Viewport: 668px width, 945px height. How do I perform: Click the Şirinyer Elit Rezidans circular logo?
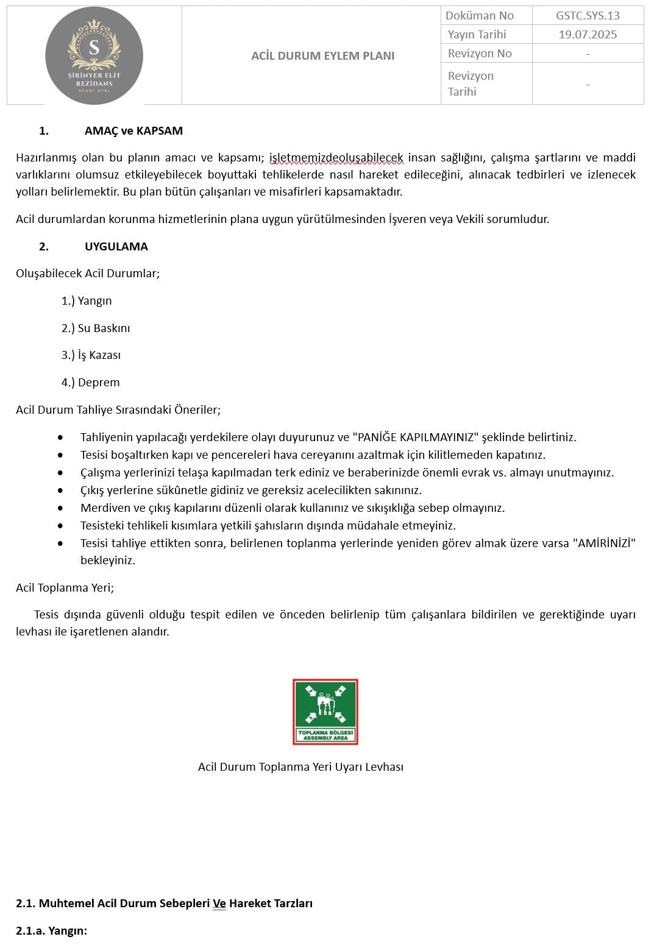click(x=94, y=56)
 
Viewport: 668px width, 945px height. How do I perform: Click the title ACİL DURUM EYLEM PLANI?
click(x=322, y=55)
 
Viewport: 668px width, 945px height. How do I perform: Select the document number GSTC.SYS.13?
click(x=588, y=16)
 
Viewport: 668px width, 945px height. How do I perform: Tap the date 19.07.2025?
click(x=588, y=35)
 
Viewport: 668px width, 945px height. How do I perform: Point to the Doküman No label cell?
click(x=480, y=16)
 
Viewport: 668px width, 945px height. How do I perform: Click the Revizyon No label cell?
click(x=480, y=54)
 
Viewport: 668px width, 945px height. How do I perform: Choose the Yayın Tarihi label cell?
click(x=477, y=35)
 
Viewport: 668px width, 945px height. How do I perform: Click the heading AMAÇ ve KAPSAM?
click(x=133, y=131)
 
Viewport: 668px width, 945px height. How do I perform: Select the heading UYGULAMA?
click(x=116, y=247)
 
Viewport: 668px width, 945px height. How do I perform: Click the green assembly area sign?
click(x=325, y=712)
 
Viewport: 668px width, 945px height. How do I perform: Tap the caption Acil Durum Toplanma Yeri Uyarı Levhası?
click(x=300, y=767)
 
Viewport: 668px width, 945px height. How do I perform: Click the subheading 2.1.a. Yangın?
click(x=52, y=931)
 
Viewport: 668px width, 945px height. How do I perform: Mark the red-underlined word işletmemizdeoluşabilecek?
click(x=336, y=158)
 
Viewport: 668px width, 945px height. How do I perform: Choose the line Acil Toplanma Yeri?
click(x=65, y=588)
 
